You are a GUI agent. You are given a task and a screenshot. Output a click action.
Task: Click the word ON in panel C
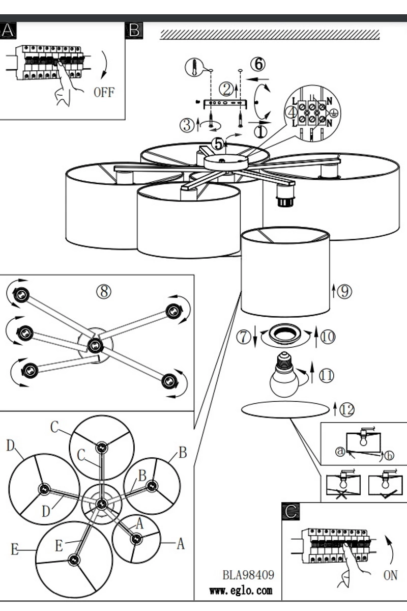(x=390, y=575)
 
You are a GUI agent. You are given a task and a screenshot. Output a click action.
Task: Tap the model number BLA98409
(x=248, y=575)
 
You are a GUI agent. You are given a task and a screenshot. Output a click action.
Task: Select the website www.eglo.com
(x=241, y=591)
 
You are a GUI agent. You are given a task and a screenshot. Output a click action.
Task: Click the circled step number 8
(x=104, y=291)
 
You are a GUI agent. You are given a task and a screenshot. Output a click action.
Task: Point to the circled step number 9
(x=344, y=291)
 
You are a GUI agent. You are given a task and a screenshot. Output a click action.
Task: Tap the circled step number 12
(x=346, y=409)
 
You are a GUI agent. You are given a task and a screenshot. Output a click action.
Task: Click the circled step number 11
(x=326, y=376)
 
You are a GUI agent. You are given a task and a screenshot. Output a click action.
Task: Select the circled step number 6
(x=258, y=64)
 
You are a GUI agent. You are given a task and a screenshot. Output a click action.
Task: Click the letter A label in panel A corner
(x=8, y=31)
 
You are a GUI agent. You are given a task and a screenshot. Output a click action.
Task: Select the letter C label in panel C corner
(x=290, y=512)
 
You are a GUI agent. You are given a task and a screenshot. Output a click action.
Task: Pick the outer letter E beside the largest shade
(x=14, y=549)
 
